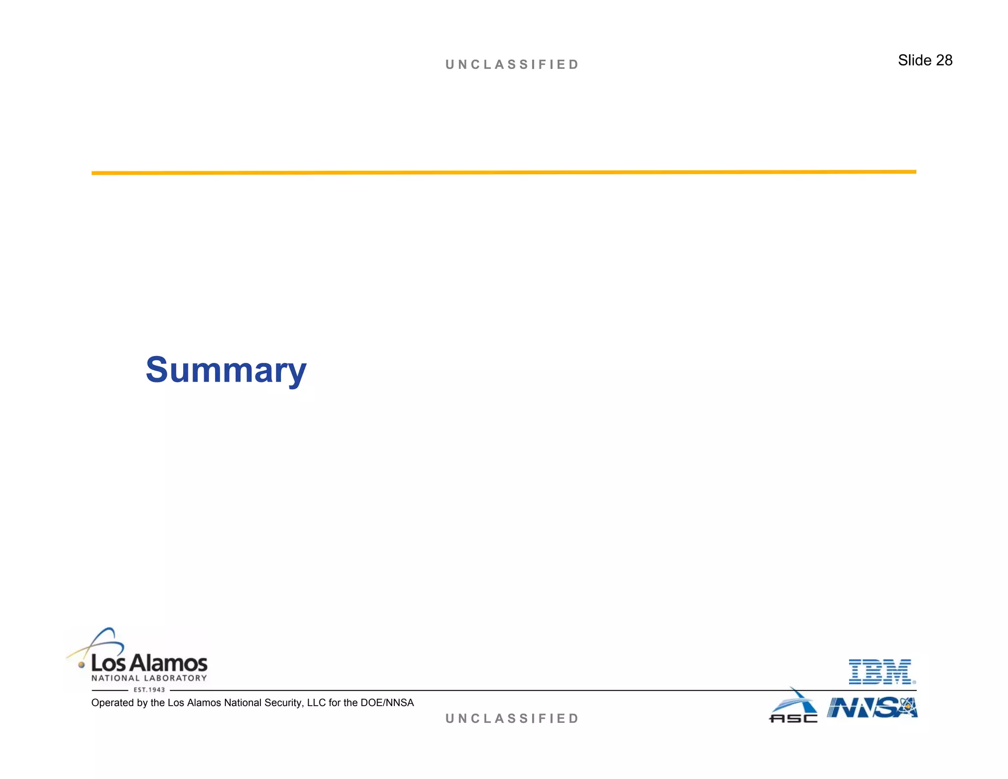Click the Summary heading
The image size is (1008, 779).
point(226,370)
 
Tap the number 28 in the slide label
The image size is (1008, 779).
point(944,60)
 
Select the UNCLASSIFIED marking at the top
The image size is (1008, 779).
point(512,65)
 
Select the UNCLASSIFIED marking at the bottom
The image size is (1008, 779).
point(512,718)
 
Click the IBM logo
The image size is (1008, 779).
point(881,672)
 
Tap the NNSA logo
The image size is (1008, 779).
point(872,708)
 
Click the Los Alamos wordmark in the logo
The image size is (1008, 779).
point(149,663)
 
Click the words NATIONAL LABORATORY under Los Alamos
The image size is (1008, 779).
point(149,678)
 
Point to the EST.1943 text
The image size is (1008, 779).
point(149,690)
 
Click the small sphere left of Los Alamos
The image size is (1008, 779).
point(82,665)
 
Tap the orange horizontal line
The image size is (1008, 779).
point(504,172)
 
